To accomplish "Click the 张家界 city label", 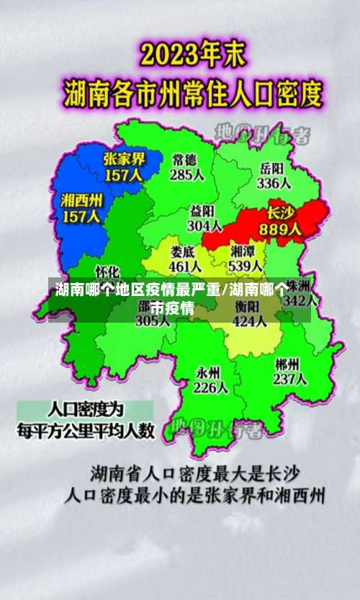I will pos(124,158).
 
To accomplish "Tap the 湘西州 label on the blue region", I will pos(81,199).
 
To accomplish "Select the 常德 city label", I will pos(184,159).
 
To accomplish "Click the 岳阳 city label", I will pos(271,168).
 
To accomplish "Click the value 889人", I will pos(284,229).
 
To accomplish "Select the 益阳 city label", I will pos(202,210).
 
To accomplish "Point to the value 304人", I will pos(204,225).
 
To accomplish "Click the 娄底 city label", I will pos(183,252).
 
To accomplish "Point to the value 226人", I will pos(211,388).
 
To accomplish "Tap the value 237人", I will pos(290,380).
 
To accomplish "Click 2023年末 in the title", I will pos(194,55).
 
